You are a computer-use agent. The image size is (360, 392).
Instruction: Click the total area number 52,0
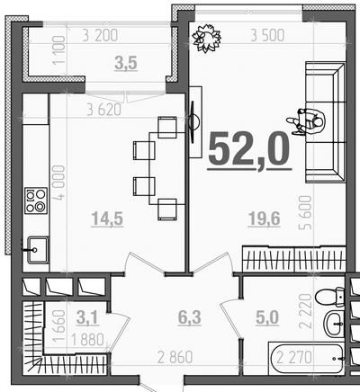point(249,151)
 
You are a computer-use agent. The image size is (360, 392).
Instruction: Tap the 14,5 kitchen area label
point(107,218)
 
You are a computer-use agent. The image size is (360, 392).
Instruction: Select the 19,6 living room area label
point(264,218)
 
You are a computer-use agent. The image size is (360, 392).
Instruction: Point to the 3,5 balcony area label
point(126,64)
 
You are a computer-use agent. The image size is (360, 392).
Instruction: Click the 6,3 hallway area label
point(190,317)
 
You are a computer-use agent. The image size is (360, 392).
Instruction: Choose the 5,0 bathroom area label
point(267,317)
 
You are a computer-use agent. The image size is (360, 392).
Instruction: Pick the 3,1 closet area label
point(87,317)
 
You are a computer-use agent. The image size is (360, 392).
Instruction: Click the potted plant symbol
point(207,38)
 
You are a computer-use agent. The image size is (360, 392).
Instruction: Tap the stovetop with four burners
point(36,200)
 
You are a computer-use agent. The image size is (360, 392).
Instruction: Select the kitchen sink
point(38,250)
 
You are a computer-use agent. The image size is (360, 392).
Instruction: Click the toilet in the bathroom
point(330,297)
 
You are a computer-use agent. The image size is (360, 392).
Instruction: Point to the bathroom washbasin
point(334,324)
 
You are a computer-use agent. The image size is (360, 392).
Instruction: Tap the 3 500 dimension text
point(267,36)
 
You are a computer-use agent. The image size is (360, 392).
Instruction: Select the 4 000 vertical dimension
point(60,182)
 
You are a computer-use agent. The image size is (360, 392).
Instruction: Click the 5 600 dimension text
point(305,212)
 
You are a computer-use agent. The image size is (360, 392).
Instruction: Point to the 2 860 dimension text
point(175,357)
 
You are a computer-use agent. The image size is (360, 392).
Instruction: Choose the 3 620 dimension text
point(104,110)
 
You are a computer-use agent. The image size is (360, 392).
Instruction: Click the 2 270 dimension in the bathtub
point(294,357)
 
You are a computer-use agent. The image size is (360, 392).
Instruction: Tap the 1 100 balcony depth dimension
point(58,50)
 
